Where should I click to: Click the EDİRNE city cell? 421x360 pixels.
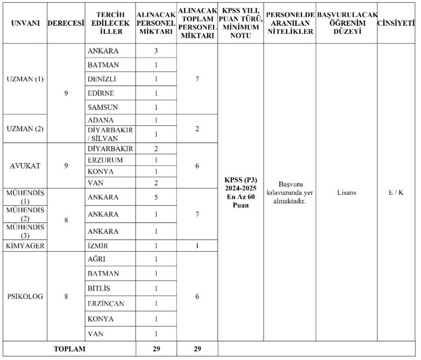(102, 93)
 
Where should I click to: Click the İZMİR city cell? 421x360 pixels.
(99, 246)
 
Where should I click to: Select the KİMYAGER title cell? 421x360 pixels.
(24, 246)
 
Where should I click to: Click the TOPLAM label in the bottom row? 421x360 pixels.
(69, 349)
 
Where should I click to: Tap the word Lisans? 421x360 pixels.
(346, 193)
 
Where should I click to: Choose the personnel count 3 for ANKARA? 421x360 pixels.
(156, 51)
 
